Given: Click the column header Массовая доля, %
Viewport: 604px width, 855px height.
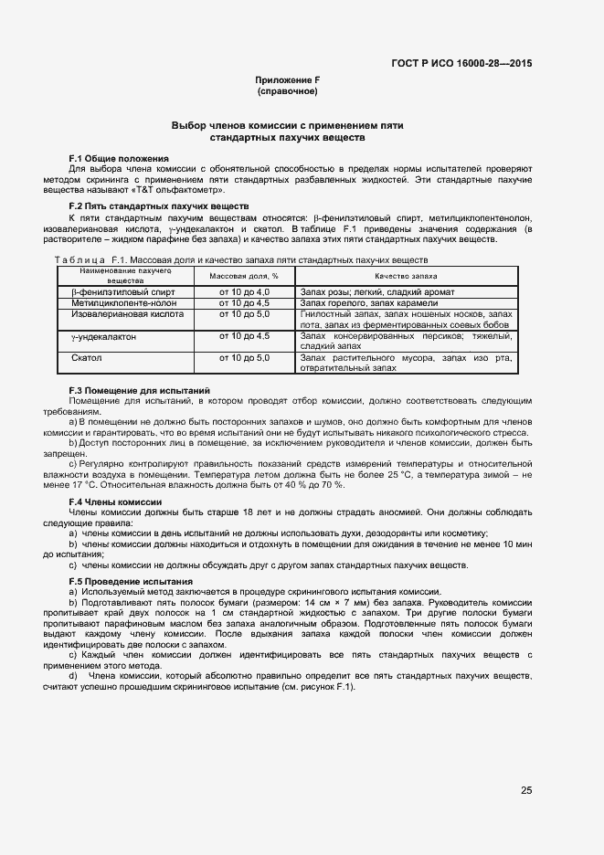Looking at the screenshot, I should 244,275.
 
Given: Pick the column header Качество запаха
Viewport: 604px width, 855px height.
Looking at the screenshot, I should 406,275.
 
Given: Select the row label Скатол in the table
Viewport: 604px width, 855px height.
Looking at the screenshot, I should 87,358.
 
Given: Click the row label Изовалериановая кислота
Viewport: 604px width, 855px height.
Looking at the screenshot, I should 127,314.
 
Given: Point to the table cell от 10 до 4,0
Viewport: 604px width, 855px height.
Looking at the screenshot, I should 244,291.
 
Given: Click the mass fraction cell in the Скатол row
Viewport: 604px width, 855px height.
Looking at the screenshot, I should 244,358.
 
